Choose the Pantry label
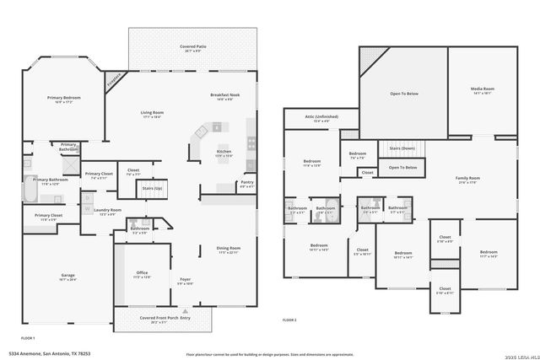pos(246,182)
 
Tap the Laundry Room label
pos(108,210)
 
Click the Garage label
pos(67,276)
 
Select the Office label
pos(142,273)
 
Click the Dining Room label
pos(229,248)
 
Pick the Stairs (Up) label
pos(152,188)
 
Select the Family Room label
pos(467,178)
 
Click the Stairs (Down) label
pos(402,148)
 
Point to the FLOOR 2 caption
pos(289,320)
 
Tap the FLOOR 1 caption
pos(28,337)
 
